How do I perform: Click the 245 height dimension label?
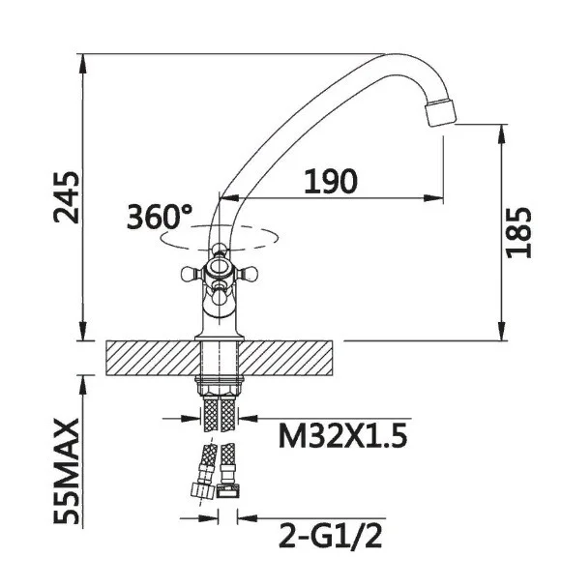coord(67,197)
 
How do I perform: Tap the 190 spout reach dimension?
coord(331,182)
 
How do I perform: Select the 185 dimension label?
coord(518,232)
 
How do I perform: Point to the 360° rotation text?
coord(160,217)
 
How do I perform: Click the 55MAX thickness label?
coord(67,471)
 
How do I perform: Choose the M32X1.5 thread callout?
coord(342,436)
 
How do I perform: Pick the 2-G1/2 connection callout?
coord(331,537)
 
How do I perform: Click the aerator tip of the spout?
coord(440,113)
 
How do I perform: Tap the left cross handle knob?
coord(192,274)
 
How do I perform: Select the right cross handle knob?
coord(248,274)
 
